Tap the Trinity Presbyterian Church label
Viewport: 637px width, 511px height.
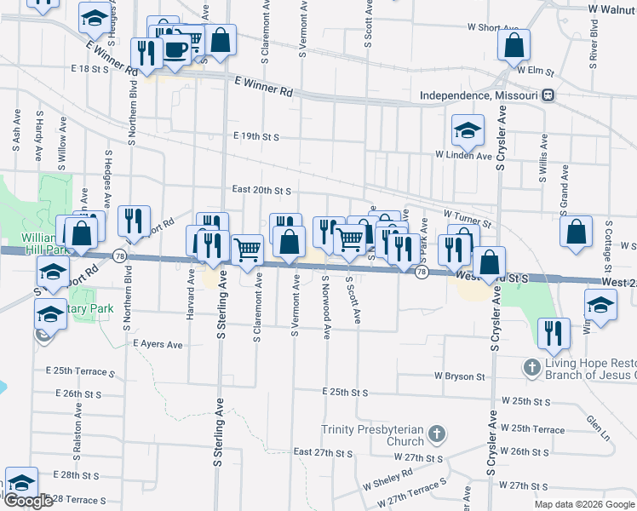coord(372,435)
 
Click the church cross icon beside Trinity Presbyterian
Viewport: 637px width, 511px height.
coord(436,435)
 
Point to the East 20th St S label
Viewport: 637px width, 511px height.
coord(262,191)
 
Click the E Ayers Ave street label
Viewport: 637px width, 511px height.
coord(158,345)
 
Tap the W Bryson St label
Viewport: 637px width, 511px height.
coord(459,376)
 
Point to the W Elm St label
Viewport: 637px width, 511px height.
coord(536,70)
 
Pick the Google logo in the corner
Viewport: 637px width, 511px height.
coord(28,501)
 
